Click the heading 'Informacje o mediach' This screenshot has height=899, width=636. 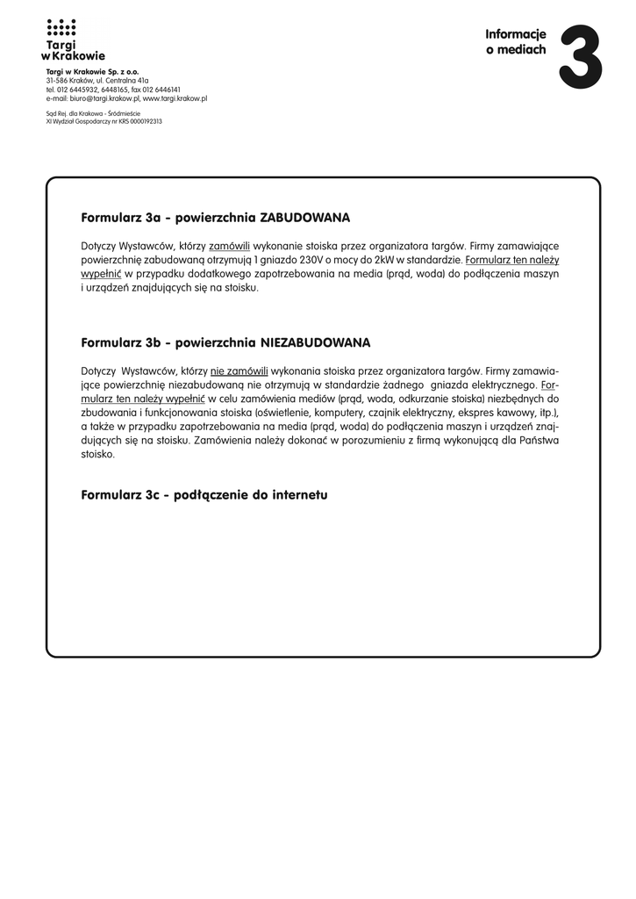516,42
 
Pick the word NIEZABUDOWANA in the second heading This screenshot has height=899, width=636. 315,342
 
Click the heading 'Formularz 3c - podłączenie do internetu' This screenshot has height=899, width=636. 204,495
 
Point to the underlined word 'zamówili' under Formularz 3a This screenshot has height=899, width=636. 229,246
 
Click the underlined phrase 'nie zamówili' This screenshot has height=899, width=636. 239,370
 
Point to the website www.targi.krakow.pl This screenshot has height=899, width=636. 175,99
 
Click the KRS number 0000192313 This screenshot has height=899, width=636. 141,121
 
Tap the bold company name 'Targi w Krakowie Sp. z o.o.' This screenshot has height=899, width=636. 92,71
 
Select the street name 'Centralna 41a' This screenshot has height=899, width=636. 127,81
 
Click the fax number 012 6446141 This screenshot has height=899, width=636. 161,90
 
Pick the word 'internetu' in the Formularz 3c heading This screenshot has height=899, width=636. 299,495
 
